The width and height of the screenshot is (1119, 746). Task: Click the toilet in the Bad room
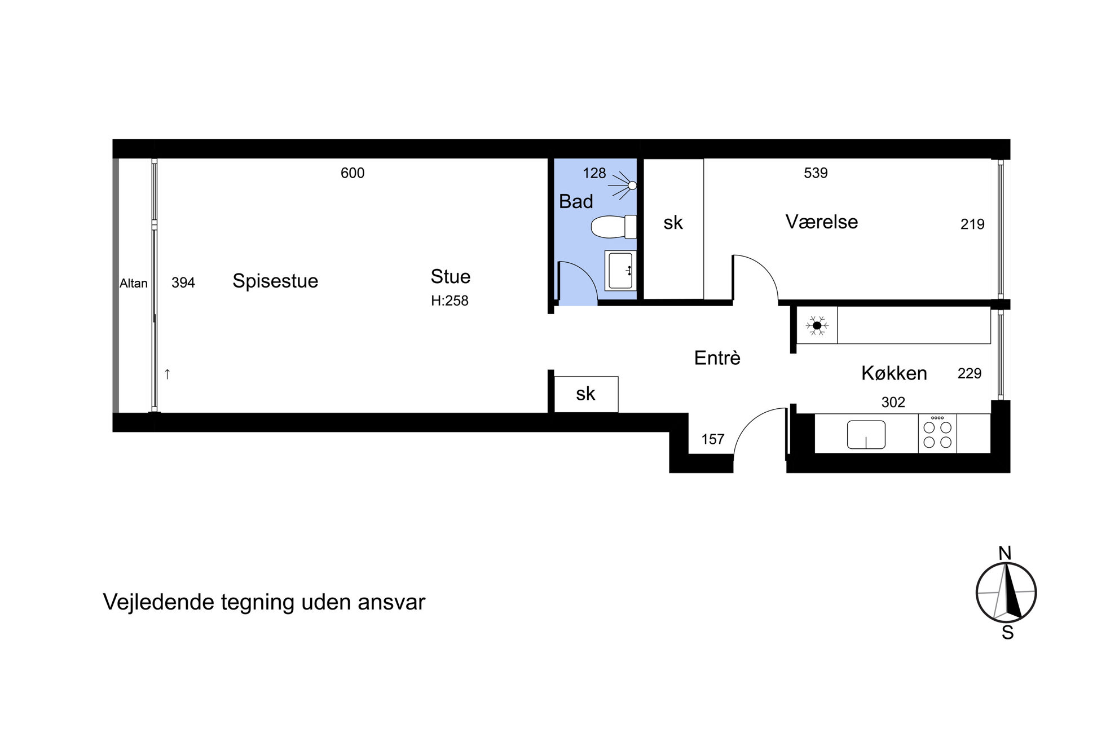pos(614,227)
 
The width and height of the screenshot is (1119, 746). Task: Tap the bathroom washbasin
pos(620,271)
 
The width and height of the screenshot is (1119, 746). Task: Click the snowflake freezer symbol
pos(817,325)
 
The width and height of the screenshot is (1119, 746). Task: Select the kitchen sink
pos(866,435)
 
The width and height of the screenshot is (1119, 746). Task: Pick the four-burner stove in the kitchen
pos(937,434)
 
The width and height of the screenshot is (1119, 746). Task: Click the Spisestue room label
pos(275,281)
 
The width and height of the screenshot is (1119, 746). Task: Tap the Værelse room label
pos(822,222)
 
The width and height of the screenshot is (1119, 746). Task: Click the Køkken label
pos(894,373)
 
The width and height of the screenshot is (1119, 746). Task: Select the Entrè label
pos(717,357)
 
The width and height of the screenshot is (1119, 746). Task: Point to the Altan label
pos(133,283)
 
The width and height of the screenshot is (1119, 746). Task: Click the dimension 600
pos(353,173)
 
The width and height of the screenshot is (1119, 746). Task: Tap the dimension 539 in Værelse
pos(816,173)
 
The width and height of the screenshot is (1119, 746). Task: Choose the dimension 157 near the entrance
pos(712,439)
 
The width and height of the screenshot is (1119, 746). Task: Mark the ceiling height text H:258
pos(450,301)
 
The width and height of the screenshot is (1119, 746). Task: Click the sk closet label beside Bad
pos(673,223)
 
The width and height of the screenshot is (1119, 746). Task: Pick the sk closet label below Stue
pos(585,394)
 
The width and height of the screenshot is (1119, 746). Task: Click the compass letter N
pos(1005,553)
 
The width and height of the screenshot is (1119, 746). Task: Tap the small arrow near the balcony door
pos(167,374)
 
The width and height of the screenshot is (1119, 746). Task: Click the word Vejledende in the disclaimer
pos(159,602)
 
